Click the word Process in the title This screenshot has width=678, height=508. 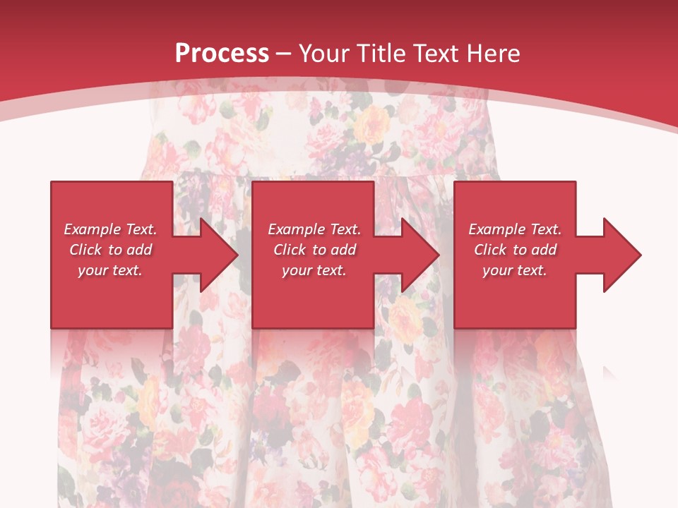click(x=222, y=54)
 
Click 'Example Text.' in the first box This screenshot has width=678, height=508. click(x=111, y=229)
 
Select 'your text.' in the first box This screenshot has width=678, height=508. click(x=111, y=270)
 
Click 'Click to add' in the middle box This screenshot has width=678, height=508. click(x=314, y=250)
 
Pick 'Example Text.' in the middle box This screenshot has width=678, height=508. click(x=314, y=229)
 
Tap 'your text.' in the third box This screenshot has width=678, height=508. click(x=515, y=270)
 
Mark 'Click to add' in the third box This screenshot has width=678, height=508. click(x=515, y=250)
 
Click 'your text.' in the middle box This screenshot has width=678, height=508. click(x=314, y=270)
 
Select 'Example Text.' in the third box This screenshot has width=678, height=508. click(x=515, y=229)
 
